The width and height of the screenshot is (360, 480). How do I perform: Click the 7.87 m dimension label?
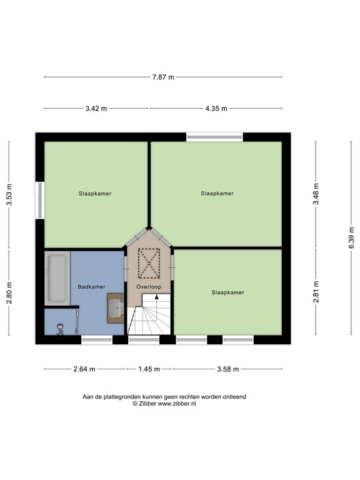163,77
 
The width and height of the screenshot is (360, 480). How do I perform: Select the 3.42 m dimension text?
96,108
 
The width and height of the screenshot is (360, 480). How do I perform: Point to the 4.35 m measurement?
216,108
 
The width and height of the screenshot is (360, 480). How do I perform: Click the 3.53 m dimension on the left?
9,194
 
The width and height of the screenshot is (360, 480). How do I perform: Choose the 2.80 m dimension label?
9,293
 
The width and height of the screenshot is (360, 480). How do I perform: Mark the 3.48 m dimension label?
316,194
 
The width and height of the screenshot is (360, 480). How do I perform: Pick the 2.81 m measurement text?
316,293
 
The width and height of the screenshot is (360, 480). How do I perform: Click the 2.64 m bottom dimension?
84,369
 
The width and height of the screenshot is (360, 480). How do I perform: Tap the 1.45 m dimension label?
150,369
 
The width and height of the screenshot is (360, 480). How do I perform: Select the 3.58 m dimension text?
227,369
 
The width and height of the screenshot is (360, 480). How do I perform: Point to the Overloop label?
149,286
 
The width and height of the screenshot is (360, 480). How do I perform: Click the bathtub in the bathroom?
57,277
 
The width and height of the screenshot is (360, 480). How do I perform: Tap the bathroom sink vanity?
116,306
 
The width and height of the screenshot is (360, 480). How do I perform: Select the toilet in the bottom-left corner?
60,327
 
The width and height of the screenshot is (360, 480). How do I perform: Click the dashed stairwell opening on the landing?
149,262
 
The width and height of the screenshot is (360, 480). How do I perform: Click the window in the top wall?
214,136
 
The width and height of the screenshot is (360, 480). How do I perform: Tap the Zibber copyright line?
164,404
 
